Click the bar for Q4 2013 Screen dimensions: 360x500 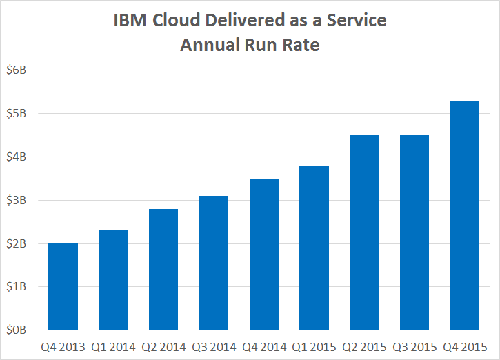pos(63,286)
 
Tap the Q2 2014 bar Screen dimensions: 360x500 pos(163,269)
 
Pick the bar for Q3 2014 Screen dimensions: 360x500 pos(214,263)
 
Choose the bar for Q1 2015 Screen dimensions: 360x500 pos(314,248)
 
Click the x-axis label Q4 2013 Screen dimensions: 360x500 pos(63,347)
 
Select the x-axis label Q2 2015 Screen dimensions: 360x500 pos(364,347)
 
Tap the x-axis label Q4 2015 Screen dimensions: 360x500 pos(465,347)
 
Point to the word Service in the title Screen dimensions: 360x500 pos(357,21)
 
